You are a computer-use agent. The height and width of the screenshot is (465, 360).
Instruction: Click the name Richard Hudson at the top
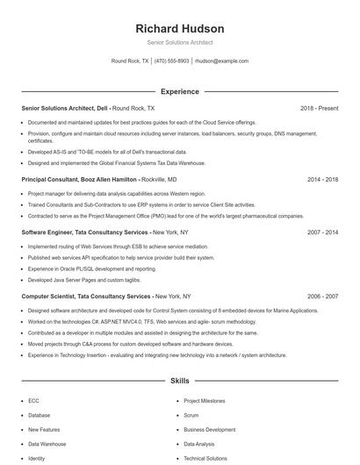tap(180, 29)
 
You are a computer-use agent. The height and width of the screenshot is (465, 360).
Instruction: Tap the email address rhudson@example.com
tap(221, 61)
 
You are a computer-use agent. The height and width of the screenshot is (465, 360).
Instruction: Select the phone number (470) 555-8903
tap(172, 61)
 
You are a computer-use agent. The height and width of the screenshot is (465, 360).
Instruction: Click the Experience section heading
tap(180, 91)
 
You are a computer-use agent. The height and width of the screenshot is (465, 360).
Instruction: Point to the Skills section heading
tap(180, 382)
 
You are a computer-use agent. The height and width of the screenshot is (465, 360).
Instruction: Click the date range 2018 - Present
tap(319, 108)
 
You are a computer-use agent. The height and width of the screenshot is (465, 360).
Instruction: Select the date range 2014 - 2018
tap(322, 179)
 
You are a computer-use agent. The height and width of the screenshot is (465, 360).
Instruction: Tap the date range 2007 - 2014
tap(322, 232)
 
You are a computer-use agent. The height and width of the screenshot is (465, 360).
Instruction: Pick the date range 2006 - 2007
tap(322, 297)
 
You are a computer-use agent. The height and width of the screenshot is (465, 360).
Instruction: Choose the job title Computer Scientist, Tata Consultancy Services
tap(85, 297)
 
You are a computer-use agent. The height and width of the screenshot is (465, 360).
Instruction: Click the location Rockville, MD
tap(166, 179)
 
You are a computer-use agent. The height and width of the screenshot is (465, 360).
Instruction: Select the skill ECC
tap(33, 400)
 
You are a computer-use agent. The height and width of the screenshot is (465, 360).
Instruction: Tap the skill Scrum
tap(191, 415)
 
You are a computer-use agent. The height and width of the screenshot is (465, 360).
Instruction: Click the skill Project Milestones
tap(204, 400)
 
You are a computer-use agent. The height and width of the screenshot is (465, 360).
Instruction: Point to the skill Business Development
tap(209, 430)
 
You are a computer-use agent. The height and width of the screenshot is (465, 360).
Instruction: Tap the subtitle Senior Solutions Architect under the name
tap(180, 42)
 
